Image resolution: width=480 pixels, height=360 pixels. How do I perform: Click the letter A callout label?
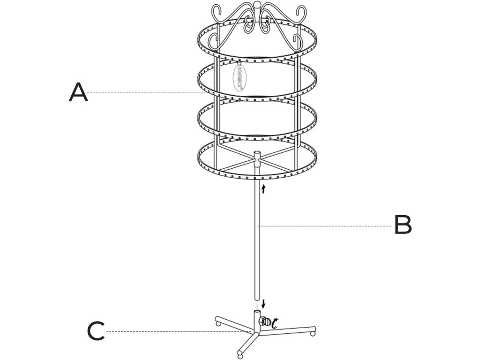coord(78,92)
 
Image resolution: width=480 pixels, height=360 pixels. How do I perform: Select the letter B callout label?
coord(403,225)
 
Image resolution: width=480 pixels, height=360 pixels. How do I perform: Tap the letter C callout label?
coord(96,331)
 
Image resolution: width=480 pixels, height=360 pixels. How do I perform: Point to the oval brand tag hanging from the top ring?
coord(239,76)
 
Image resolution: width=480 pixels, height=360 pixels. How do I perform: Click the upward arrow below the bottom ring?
coord(263,188)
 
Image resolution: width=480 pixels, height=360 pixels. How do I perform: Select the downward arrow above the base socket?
coord(263,303)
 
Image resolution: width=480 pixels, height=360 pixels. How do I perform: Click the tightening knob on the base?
coord(266,322)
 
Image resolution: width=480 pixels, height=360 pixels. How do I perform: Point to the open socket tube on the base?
coord(257,317)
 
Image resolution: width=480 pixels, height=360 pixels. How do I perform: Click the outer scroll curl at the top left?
coord(218,10)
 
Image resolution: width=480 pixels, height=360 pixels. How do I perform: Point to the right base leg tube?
coord(291,330)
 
